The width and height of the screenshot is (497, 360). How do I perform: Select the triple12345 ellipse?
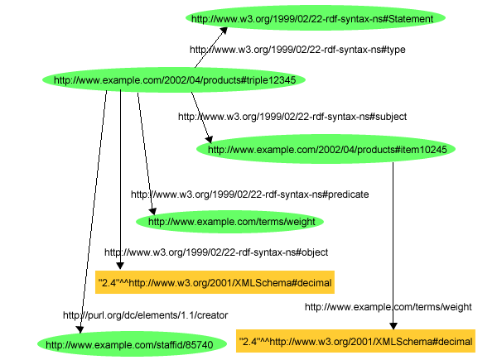(x=174, y=80)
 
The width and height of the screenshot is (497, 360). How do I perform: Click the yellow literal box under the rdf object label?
(x=215, y=283)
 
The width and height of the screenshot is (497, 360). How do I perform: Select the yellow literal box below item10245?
(x=355, y=341)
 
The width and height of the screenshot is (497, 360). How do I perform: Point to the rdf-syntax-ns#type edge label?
(x=297, y=50)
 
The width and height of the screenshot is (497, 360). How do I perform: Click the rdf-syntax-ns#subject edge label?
(x=292, y=117)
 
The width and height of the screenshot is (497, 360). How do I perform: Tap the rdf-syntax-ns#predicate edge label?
(x=249, y=194)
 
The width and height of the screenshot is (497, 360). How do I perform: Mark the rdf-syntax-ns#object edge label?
(x=216, y=252)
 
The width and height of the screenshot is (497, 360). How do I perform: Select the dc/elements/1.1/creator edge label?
(x=145, y=314)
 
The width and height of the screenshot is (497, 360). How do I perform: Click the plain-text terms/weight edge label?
(x=388, y=307)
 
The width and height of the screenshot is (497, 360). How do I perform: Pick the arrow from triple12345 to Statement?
(x=209, y=48)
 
